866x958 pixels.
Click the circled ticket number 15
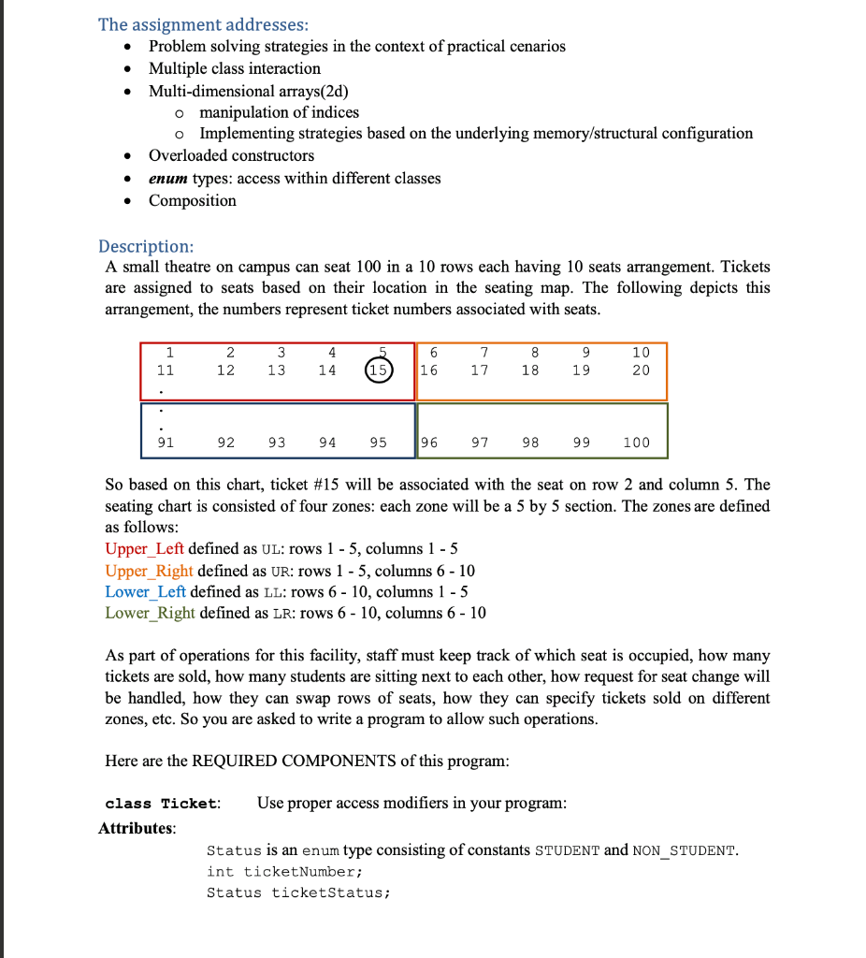point(379,370)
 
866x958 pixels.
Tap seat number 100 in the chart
point(636,443)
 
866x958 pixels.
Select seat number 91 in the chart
point(165,443)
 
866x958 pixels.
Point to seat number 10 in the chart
point(640,353)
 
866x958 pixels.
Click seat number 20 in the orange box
point(640,370)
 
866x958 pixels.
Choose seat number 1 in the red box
point(169,353)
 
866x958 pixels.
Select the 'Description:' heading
point(146,246)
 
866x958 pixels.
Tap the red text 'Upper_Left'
point(144,549)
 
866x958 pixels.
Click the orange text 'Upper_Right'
point(149,571)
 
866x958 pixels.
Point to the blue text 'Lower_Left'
point(145,592)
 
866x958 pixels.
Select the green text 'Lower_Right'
point(150,614)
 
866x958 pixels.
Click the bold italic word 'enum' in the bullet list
point(168,178)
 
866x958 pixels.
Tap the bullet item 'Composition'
point(193,200)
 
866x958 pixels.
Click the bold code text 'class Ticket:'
point(163,804)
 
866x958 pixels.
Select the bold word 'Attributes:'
point(137,828)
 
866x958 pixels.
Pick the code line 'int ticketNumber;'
point(283,872)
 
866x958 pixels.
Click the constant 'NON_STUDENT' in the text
point(685,851)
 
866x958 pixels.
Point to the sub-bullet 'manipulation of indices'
point(279,112)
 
